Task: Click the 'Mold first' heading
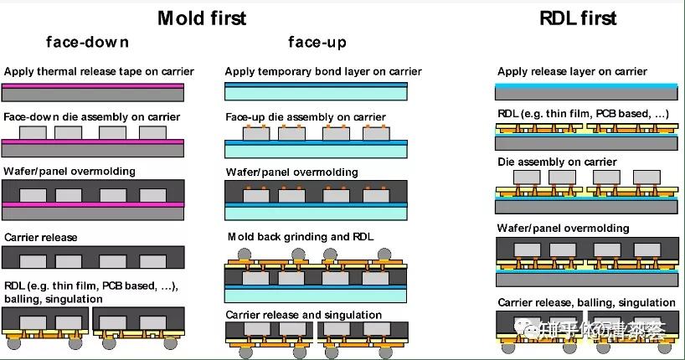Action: (202, 17)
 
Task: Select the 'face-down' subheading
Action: (87, 42)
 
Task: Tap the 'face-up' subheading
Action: (317, 42)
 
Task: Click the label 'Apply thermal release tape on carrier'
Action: (99, 72)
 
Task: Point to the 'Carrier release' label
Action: (41, 237)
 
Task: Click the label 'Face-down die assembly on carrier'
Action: (92, 117)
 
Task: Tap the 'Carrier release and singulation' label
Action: (304, 316)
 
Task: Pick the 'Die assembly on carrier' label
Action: (557, 162)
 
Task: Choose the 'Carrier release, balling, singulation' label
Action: (586, 302)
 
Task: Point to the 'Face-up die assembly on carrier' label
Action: (306, 117)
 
